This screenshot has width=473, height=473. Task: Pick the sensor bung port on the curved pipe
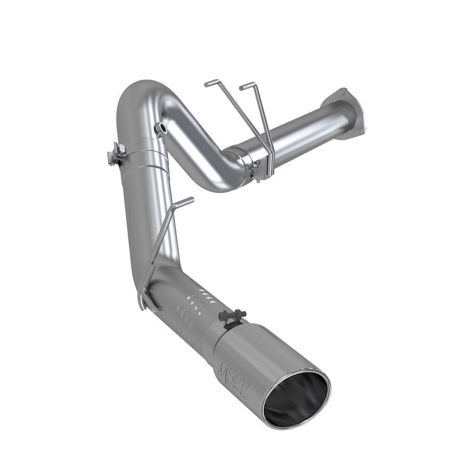(160, 128)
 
